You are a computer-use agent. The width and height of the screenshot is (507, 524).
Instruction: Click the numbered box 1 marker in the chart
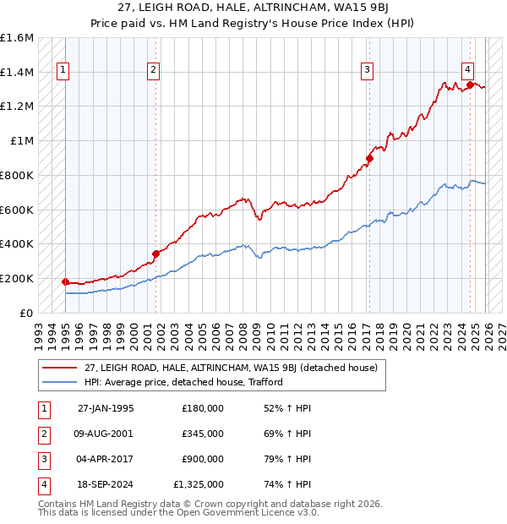65,71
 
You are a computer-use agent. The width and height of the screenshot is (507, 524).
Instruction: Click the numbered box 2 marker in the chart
153,71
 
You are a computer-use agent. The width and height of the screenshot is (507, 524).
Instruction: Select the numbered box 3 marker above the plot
368,71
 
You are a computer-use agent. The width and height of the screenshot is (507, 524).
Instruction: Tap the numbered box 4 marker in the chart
467,71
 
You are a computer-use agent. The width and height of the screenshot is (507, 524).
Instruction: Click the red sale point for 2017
369,158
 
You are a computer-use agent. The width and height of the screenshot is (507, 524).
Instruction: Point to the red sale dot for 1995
66,281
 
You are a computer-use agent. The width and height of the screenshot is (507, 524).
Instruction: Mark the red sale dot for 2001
155,253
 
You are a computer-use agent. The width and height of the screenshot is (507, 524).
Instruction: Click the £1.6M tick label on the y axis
17,38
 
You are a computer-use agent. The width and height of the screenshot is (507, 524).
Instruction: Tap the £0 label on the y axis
27,313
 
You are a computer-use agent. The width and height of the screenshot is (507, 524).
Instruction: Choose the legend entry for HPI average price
183,382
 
